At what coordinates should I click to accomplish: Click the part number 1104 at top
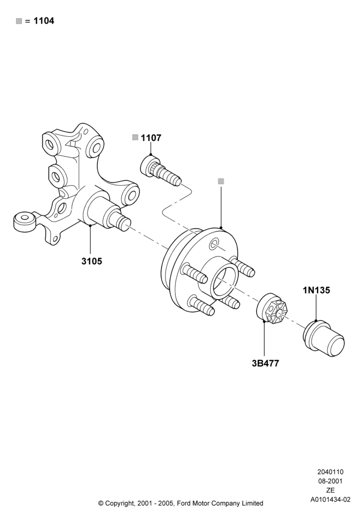click(x=44, y=21)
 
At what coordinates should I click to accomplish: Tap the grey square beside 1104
click(x=19, y=21)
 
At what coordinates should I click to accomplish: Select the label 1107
click(x=151, y=138)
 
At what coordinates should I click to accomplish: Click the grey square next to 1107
click(x=135, y=137)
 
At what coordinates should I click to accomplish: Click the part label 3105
click(x=92, y=261)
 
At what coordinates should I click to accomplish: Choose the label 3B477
click(x=265, y=363)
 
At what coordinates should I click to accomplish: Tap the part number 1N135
click(x=316, y=290)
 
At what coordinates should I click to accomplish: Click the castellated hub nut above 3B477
click(x=272, y=308)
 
